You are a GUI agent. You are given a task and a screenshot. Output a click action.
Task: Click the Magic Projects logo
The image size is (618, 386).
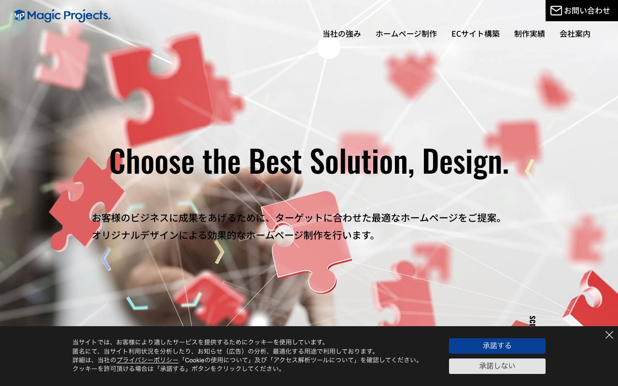[x=62, y=15]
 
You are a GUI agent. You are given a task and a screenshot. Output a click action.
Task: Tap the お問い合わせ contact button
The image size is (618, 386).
[x=582, y=11]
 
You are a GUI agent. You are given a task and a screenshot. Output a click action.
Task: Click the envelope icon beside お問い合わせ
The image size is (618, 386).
[x=556, y=11]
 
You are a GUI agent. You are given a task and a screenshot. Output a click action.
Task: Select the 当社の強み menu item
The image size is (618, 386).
[x=341, y=34]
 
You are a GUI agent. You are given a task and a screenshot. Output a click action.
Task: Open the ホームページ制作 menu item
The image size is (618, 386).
[x=406, y=34]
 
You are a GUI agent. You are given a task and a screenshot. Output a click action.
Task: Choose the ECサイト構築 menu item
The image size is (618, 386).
[x=476, y=34]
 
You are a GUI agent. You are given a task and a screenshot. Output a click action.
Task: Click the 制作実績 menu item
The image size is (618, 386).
[x=530, y=34]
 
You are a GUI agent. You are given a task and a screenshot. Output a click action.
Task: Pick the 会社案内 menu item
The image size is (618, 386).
[x=575, y=34]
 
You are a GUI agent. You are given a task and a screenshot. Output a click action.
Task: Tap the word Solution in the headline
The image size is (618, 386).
[x=362, y=162]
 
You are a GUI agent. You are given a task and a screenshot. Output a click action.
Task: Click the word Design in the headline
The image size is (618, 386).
[x=463, y=163]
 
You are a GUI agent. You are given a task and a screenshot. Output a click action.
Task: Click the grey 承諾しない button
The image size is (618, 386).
[x=497, y=366]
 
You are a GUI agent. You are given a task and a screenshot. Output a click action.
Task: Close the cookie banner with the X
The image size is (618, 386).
[x=609, y=335]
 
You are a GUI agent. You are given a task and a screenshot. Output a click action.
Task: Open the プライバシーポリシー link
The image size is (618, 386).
[x=148, y=360]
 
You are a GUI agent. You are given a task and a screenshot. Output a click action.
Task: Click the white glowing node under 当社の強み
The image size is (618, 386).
[x=328, y=48]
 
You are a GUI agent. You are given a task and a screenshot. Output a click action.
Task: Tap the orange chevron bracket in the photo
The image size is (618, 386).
[x=219, y=252]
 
